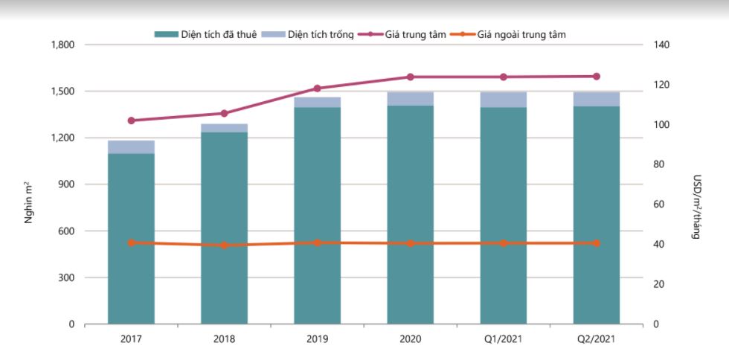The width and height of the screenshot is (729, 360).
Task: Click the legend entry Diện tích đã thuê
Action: point(205,34)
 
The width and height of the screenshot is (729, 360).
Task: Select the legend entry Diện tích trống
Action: point(308,34)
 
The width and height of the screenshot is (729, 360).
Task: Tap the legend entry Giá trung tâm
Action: point(402,34)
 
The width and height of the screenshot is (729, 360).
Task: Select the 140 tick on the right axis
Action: point(659,45)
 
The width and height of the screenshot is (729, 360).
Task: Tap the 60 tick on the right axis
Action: point(657,205)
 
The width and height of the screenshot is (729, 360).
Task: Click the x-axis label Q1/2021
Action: point(503,339)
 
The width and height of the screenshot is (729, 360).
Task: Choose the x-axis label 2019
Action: point(317,339)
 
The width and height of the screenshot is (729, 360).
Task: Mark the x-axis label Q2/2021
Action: point(596,339)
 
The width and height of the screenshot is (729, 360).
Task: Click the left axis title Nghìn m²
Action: point(29,202)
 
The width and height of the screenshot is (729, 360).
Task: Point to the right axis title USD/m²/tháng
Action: point(697,207)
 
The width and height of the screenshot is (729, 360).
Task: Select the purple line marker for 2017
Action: point(131,120)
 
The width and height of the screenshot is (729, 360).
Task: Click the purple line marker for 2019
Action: point(317,89)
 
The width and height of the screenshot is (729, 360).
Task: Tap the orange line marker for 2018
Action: point(224,245)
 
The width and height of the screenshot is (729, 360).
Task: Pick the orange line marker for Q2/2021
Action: point(596,243)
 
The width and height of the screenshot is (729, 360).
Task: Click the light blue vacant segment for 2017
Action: point(131,147)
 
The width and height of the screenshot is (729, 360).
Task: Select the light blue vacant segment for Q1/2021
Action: point(503,100)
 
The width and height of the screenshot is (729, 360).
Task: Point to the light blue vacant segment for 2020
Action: point(410,99)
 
